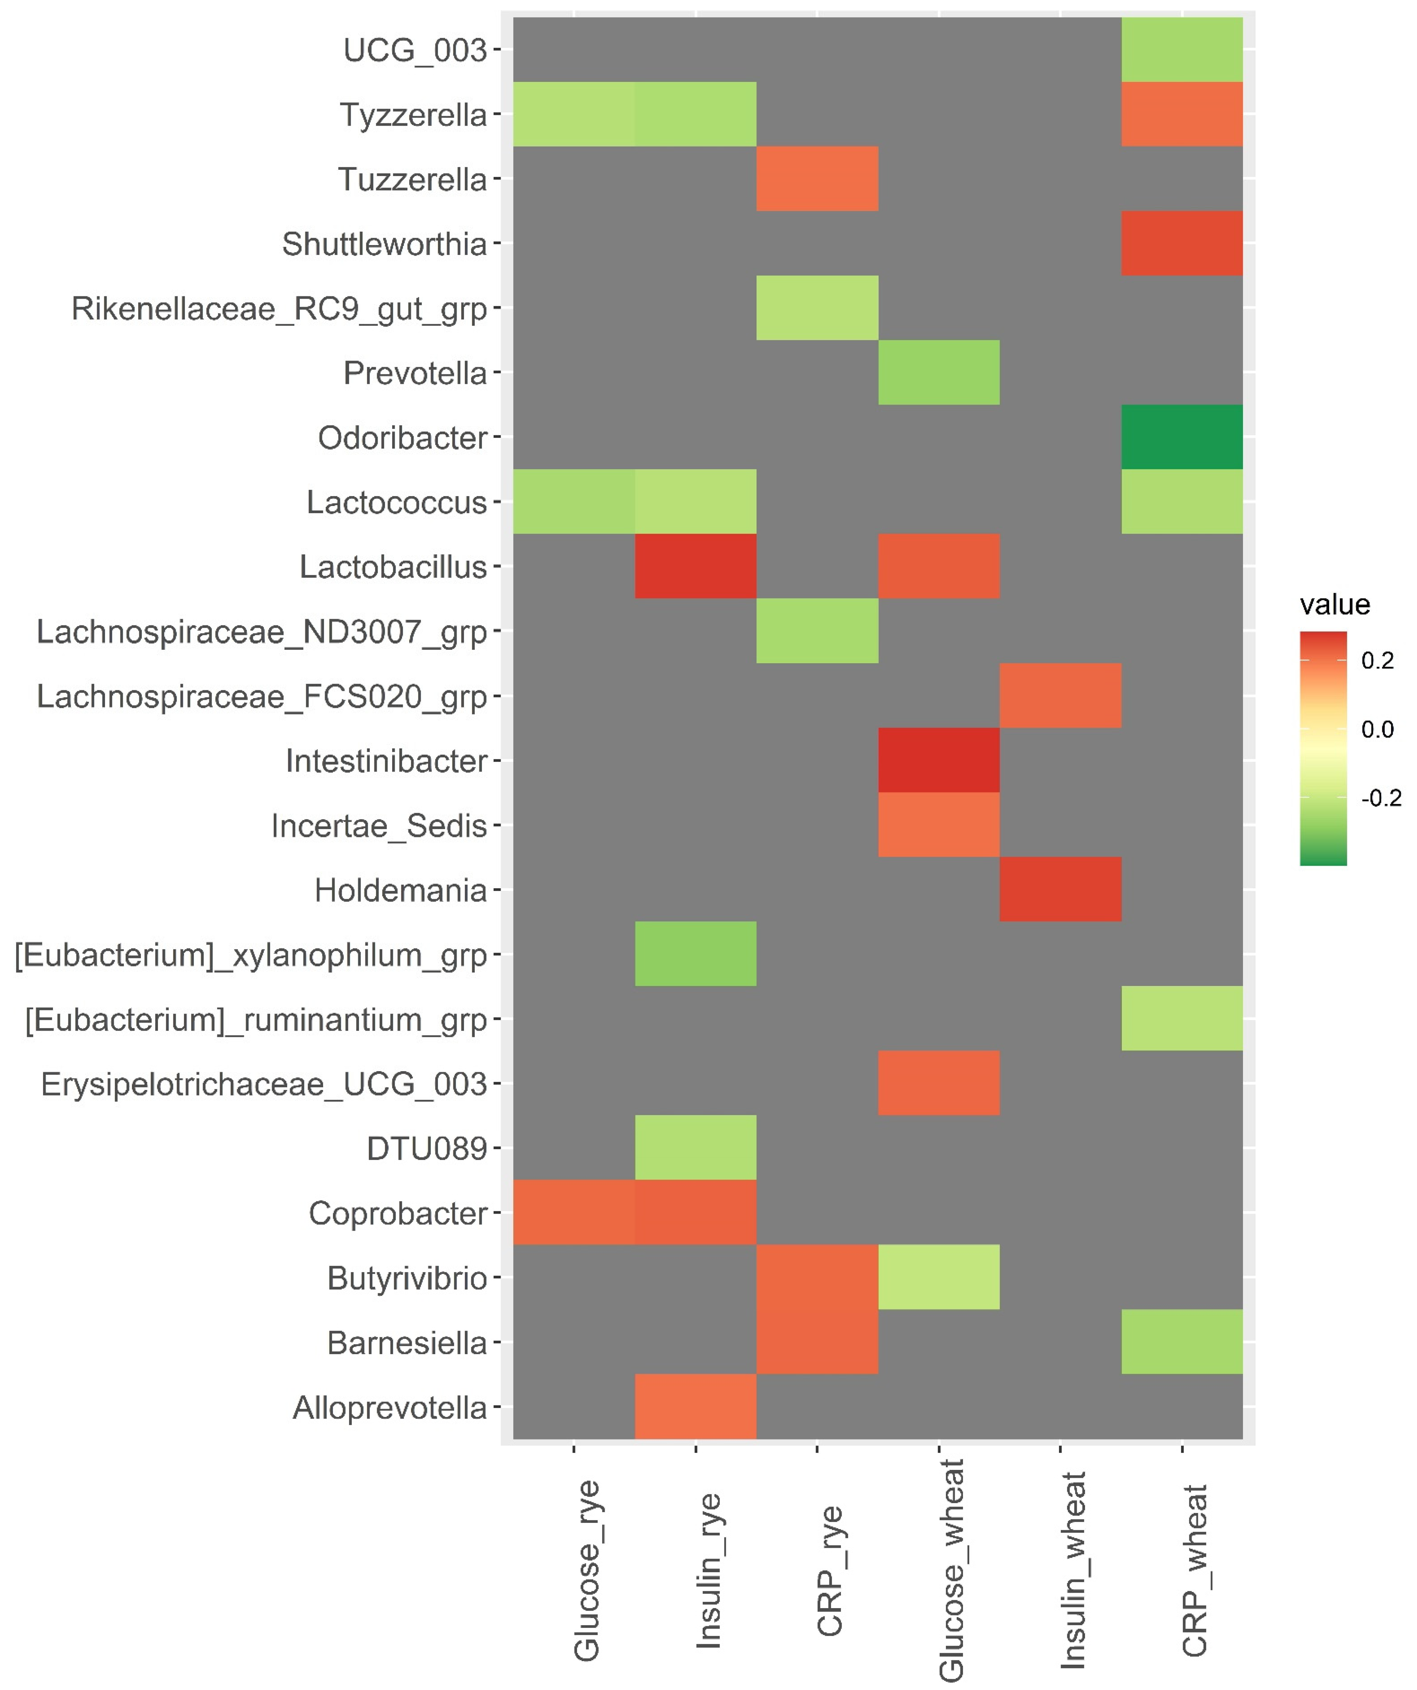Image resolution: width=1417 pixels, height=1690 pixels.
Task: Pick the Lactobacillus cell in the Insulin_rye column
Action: tap(695, 566)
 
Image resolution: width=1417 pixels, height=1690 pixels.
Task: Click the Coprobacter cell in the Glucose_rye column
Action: tap(574, 1212)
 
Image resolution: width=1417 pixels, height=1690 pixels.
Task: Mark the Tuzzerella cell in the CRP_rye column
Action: tap(817, 179)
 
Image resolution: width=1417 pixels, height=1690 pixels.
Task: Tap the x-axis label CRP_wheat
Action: tap(1194, 1569)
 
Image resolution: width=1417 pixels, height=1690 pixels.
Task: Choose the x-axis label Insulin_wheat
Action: tap(1073, 1569)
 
